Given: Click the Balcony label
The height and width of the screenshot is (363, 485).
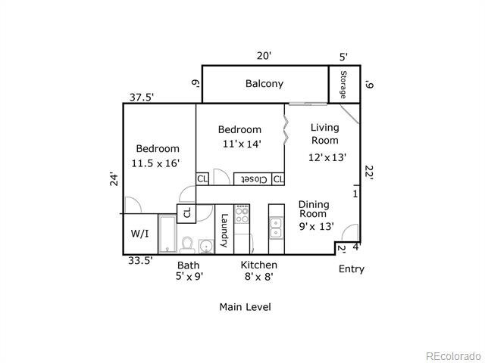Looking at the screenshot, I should click(264, 84).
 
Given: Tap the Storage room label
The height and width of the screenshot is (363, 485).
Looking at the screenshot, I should click(343, 85).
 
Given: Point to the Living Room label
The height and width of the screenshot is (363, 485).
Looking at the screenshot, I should click(325, 134).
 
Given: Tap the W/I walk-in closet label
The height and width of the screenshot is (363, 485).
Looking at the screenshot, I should click(139, 234).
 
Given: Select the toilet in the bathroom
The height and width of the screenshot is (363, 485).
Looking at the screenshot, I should click(187, 244).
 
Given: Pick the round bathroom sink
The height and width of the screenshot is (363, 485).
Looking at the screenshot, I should click(205, 246).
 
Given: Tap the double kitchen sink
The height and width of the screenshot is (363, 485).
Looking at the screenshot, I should click(276, 226).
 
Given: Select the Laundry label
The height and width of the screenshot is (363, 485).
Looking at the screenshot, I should click(224, 231).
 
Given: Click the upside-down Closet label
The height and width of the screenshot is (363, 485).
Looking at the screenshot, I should click(252, 179).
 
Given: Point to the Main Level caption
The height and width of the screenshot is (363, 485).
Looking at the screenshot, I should click(245, 307).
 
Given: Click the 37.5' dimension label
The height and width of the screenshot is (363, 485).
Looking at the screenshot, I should click(141, 97).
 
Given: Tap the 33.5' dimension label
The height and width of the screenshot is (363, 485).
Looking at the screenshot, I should click(140, 261).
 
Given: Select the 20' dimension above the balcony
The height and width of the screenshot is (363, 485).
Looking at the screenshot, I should click(263, 56).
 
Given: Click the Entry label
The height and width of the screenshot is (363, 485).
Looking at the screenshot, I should click(351, 269).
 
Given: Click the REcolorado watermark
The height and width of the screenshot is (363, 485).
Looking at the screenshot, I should click(452, 356).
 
